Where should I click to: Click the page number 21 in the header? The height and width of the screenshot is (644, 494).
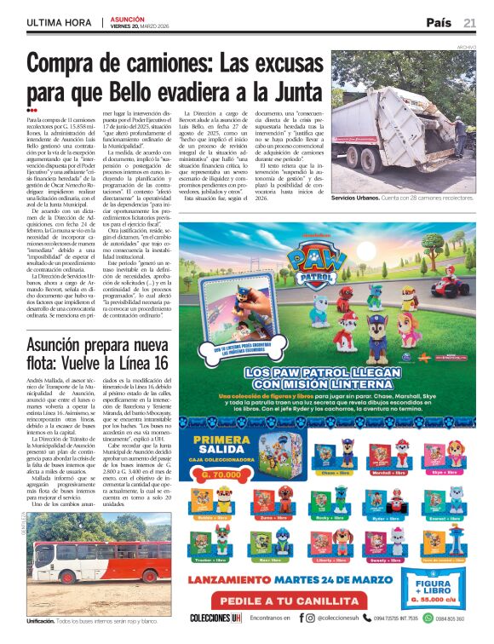[x=470, y=22]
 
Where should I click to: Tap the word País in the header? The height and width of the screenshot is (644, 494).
[x=439, y=22]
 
